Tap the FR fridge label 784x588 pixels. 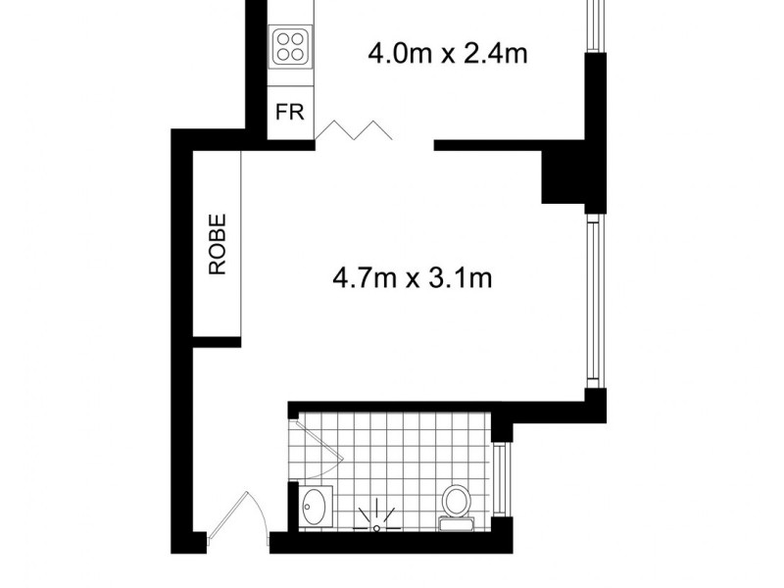[289, 112]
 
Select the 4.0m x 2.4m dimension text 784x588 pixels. [448, 53]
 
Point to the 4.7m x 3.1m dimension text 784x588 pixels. [412, 279]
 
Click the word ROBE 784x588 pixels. [218, 245]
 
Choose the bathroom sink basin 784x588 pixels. [316, 507]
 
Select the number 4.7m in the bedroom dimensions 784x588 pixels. [364, 279]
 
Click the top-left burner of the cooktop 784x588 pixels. [282, 36]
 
